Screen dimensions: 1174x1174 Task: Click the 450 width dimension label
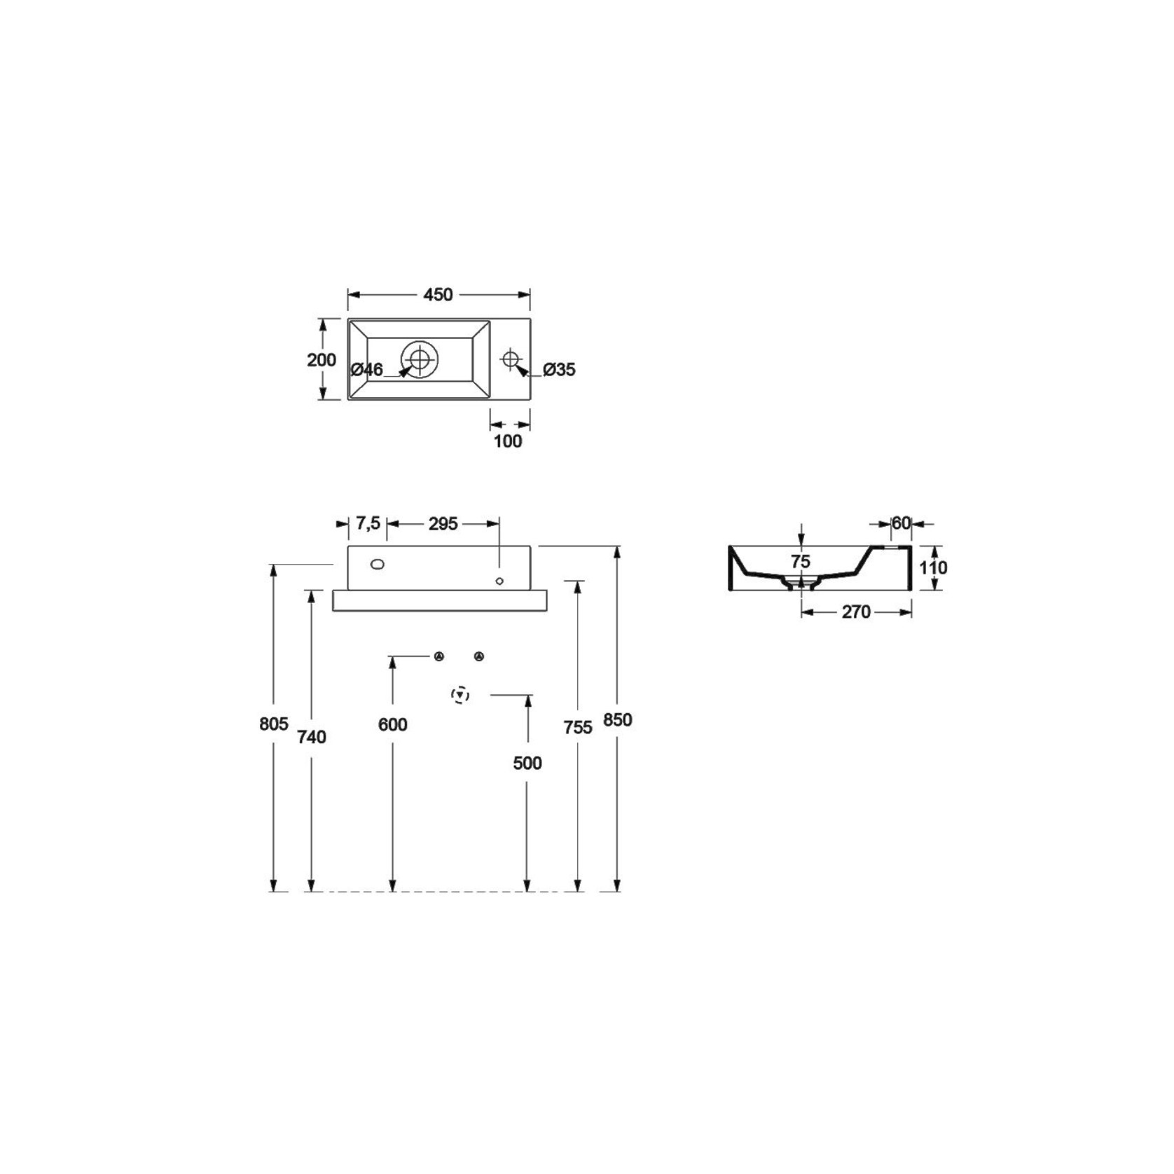(438, 295)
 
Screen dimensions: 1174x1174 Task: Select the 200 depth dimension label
(322, 360)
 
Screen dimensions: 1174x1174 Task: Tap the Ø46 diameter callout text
(367, 369)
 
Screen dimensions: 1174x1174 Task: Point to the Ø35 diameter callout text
(559, 369)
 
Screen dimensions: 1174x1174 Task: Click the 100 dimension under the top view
(508, 441)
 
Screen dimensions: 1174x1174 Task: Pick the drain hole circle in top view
(420, 359)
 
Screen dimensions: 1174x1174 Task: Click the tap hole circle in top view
(511, 359)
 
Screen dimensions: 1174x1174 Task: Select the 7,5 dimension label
(368, 523)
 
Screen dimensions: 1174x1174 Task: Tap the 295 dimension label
(443, 523)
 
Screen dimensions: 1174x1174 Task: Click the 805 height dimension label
(274, 724)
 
